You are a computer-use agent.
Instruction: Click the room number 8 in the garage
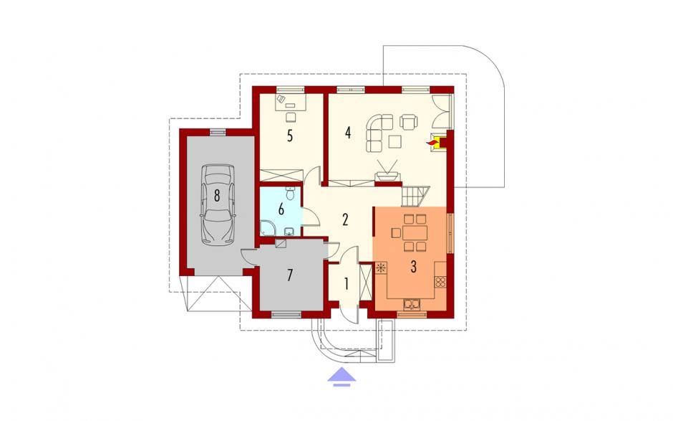[217, 196]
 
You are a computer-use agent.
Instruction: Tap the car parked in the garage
[218, 204]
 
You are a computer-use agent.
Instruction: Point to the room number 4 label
[348, 133]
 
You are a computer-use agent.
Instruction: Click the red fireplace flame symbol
[430, 141]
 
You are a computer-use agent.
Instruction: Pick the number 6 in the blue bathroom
[281, 209]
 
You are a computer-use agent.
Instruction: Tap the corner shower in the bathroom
[268, 228]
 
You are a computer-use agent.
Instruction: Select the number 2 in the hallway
[345, 219]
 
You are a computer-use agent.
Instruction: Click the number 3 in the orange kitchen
[413, 267]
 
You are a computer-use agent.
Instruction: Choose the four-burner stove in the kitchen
[440, 283]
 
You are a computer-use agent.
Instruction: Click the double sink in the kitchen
[412, 305]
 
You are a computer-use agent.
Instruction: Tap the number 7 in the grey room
[290, 275]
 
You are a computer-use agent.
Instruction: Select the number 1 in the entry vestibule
[346, 283]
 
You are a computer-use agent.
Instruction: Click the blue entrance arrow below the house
[342, 377]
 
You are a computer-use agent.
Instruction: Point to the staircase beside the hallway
[416, 196]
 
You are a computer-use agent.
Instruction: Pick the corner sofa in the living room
[378, 131]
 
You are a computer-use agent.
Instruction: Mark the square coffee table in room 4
[395, 141]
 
